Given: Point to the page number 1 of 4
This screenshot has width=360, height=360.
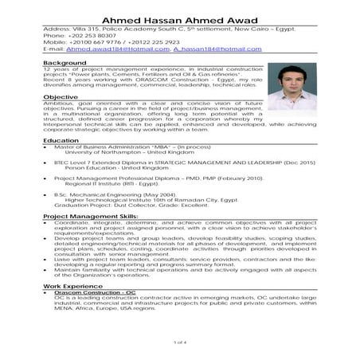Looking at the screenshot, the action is pos(180,342).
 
